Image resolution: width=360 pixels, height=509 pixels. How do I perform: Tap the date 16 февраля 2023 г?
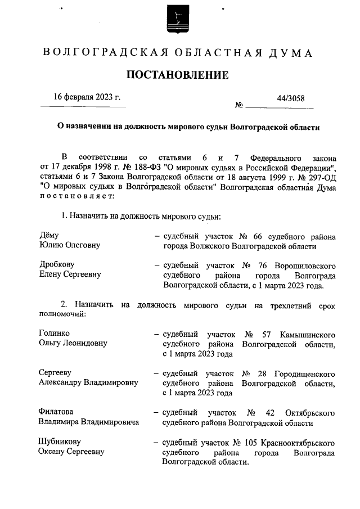[87, 97]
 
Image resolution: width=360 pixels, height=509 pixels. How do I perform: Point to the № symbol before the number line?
[238, 105]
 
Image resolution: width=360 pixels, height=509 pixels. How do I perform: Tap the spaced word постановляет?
[76, 197]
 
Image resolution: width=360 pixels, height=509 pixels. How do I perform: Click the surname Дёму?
[49, 236]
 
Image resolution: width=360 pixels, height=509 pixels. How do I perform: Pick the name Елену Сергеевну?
[70, 274]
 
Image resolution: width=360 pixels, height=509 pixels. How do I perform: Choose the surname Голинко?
[55, 334]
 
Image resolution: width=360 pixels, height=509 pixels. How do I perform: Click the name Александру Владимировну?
[88, 383]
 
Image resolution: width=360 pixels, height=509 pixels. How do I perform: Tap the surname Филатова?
[56, 412]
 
